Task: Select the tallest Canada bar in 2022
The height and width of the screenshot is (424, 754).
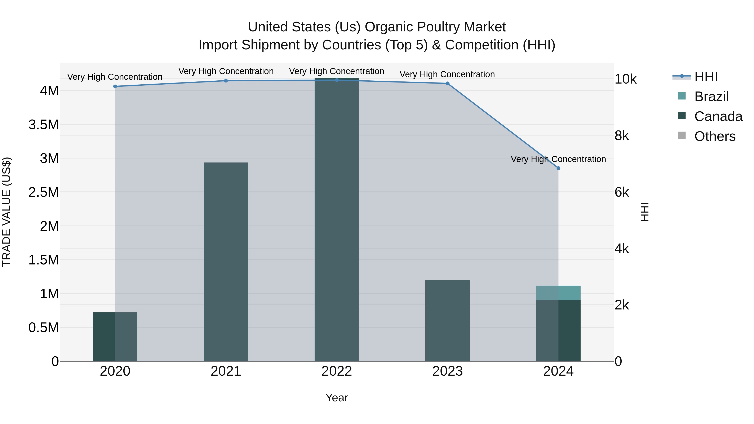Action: [x=337, y=219]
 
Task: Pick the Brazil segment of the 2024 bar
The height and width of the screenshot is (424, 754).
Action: [x=558, y=293]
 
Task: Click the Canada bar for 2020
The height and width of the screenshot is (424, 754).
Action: [x=115, y=336]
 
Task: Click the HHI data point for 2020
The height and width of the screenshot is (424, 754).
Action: [x=115, y=86]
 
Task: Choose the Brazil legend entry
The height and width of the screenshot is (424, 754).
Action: [x=711, y=97]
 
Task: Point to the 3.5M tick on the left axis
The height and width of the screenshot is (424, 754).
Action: [x=43, y=125]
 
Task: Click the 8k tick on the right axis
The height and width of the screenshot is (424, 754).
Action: [x=622, y=136]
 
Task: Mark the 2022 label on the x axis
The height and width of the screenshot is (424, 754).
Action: [x=337, y=371]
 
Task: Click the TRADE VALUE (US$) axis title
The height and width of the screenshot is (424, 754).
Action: [x=6, y=212]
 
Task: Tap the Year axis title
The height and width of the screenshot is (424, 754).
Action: [x=337, y=398]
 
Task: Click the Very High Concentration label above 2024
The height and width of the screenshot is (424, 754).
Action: [x=558, y=159]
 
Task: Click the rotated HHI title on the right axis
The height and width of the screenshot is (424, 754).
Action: [x=644, y=212]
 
